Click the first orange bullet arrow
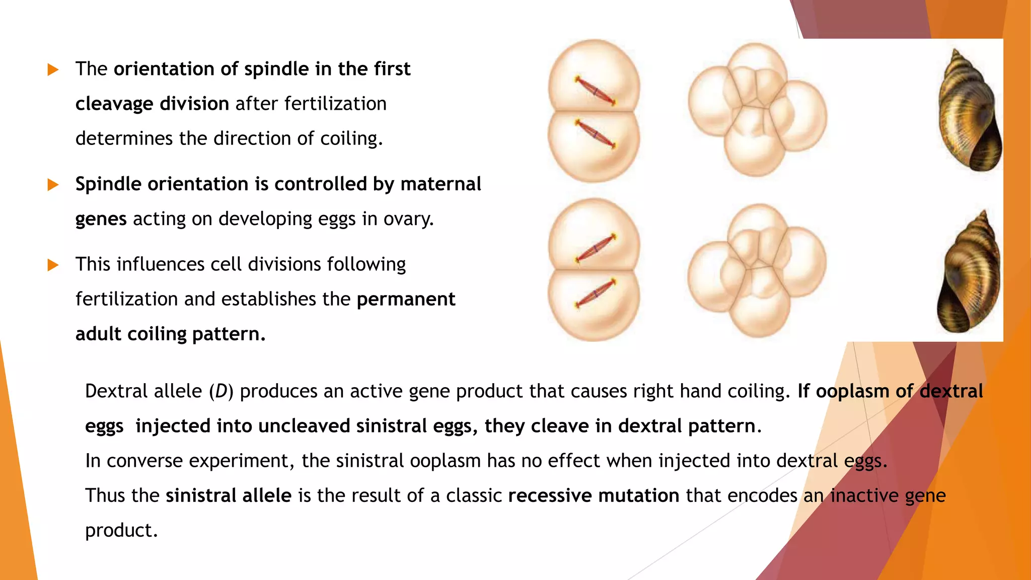[x=53, y=69]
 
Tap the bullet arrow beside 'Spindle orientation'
[x=53, y=185]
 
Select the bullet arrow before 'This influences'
[x=53, y=265]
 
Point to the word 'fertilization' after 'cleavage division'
[x=335, y=104]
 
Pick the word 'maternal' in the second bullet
[x=440, y=184]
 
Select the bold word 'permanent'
[x=406, y=299]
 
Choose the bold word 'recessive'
[x=550, y=495]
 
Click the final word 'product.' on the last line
[x=121, y=530]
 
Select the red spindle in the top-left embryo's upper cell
[x=596, y=91]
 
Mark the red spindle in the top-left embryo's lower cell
[x=595, y=134]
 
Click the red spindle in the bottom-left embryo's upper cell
[x=596, y=248]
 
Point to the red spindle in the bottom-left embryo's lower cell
[x=596, y=293]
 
